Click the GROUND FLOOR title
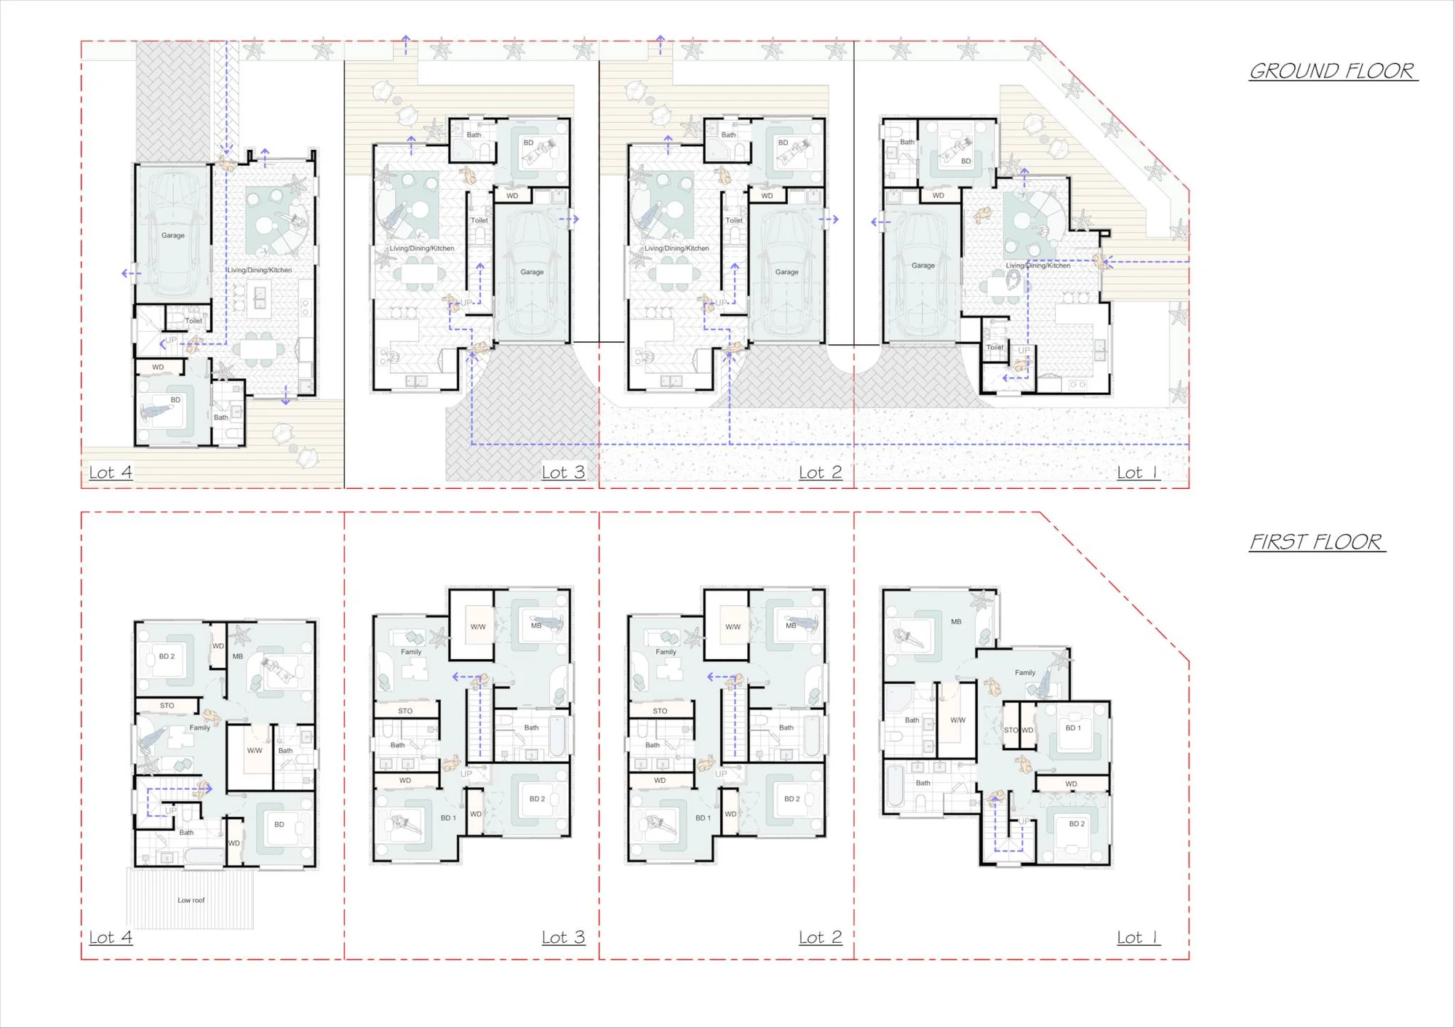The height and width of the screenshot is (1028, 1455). click(1333, 71)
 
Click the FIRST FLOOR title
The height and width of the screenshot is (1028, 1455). click(1316, 542)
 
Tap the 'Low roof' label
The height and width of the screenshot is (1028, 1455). click(191, 900)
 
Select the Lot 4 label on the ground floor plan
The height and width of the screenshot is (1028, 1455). click(111, 472)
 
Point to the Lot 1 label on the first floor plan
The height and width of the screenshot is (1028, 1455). click(1138, 938)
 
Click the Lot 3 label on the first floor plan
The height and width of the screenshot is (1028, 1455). click(563, 937)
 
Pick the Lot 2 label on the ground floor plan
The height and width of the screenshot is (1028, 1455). click(820, 472)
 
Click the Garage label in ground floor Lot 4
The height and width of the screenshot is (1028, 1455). click(172, 235)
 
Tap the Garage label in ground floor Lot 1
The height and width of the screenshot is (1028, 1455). click(922, 266)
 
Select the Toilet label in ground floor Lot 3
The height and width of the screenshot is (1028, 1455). click(479, 220)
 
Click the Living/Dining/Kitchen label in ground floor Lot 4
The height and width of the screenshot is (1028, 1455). click(259, 270)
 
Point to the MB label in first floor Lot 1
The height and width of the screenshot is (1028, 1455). click(956, 621)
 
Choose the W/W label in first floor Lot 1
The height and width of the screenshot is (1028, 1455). click(957, 720)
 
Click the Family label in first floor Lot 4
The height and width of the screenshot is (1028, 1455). click(199, 728)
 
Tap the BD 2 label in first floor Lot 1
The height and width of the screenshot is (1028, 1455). click(1077, 824)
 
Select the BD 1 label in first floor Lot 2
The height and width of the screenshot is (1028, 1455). click(703, 818)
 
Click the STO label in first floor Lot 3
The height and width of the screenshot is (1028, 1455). click(405, 711)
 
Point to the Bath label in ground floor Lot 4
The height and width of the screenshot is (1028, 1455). click(220, 418)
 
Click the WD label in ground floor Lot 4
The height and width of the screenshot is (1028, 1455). click(158, 367)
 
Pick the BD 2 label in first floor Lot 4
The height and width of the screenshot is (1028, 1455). click(167, 656)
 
